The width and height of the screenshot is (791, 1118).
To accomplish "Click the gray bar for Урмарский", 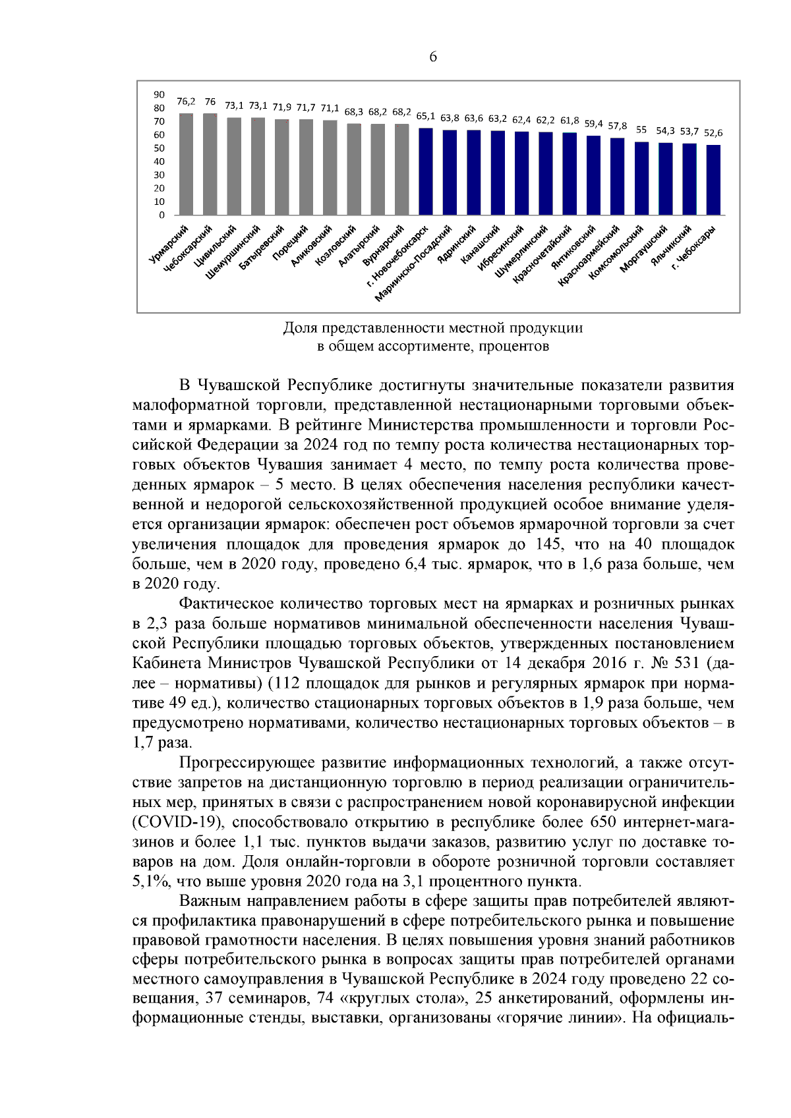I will coord(187,164).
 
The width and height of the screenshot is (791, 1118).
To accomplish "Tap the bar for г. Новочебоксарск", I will coord(426,171).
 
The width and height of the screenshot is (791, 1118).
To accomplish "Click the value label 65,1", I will coord(426,115).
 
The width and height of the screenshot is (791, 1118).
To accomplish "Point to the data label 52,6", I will coord(713,132).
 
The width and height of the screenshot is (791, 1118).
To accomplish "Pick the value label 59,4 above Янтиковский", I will coord(593,123).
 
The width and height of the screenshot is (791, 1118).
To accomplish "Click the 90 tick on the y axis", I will coord(160,95).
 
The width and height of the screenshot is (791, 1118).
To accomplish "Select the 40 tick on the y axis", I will coord(160,161).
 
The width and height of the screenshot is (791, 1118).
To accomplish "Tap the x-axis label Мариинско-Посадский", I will coord(414,263).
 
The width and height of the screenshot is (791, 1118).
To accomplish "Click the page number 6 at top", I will coord(433,57).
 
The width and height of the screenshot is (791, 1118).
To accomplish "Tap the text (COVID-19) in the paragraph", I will coord(178,823).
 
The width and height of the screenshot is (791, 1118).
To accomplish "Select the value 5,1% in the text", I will coord(152,882).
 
